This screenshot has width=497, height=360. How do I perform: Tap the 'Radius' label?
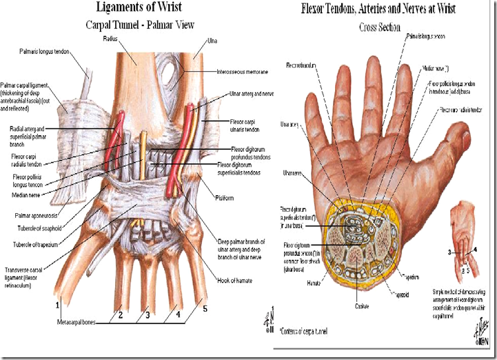(x=140, y=39)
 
